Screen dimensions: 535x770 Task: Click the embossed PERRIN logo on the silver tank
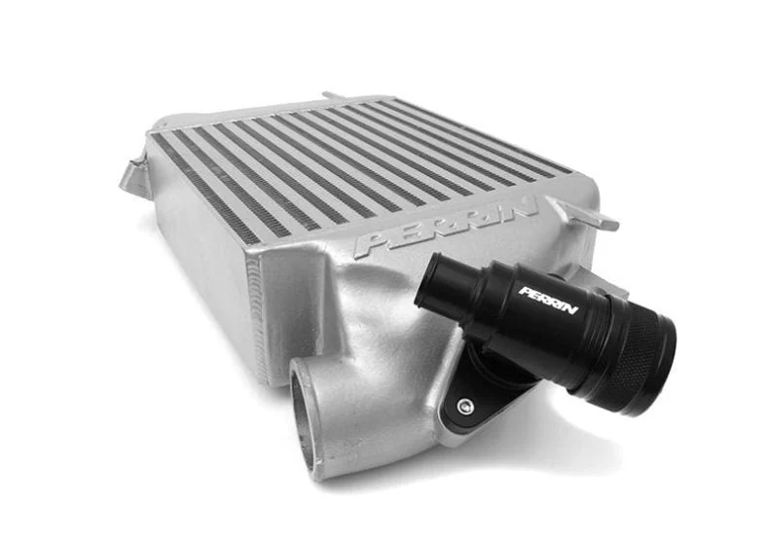[446, 227]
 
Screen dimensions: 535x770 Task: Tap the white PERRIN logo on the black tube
[548, 300]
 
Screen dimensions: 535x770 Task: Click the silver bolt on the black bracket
[466, 407]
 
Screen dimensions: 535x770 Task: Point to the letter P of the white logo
[524, 292]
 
